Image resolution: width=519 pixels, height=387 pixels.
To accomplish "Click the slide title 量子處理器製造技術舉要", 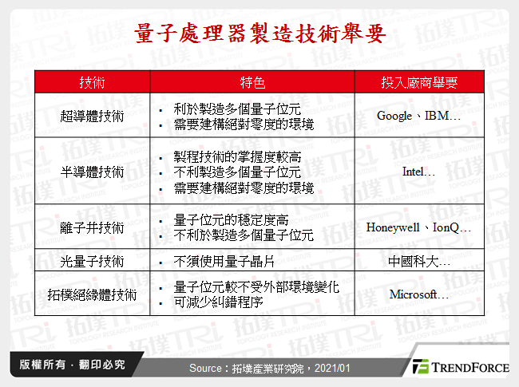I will (259, 34).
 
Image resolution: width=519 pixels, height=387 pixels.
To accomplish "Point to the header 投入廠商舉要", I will (418, 83).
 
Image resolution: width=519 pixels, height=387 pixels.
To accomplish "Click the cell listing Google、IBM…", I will (418, 116).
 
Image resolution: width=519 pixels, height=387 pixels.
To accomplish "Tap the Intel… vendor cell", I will (418, 172).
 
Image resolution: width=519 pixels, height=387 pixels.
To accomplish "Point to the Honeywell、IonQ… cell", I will (418, 227).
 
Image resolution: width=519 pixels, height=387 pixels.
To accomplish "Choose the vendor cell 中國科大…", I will (418, 260).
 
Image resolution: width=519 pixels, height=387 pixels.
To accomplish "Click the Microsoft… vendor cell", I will (418, 294).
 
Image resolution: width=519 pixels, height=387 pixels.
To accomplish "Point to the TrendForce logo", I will (458, 367).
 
